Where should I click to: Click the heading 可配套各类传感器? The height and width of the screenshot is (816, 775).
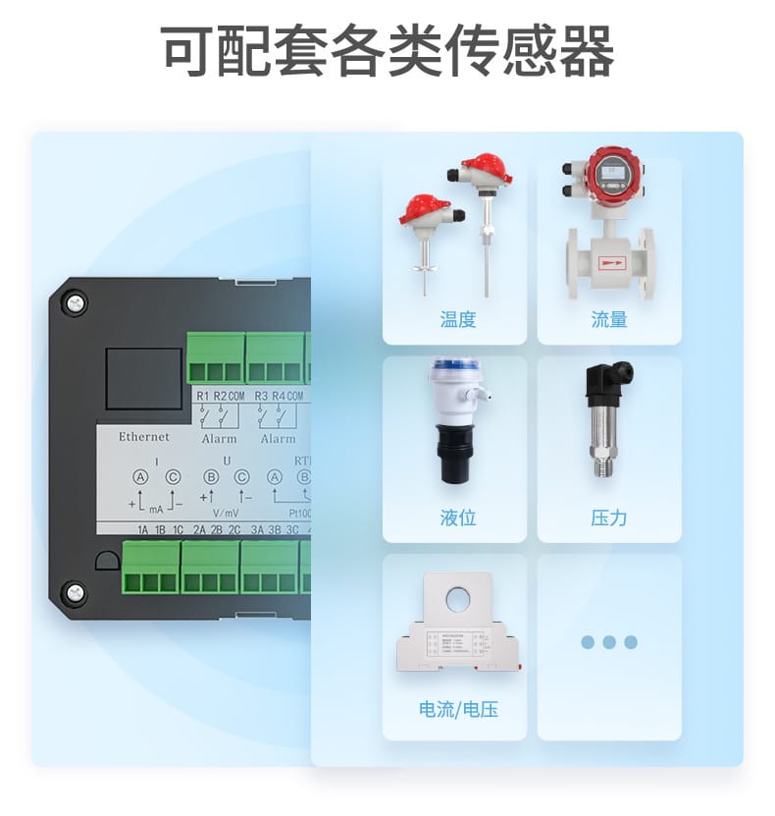(x=387, y=51)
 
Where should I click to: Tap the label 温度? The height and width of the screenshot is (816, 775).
(x=458, y=319)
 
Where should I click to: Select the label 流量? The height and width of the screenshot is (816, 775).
(x=609, y=319)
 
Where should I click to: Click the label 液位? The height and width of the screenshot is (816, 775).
(x=458, y=517)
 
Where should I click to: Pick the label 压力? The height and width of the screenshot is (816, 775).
(x=609, y=517)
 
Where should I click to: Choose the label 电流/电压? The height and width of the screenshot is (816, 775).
(x=458, y=709)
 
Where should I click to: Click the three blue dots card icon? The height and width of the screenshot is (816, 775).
(x=609, y=642)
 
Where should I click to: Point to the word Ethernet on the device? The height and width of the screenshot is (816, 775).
(x=143, y=436)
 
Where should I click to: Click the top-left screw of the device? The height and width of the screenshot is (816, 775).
(x=75, y=303)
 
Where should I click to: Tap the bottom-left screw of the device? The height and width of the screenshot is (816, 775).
(x=75, y=593)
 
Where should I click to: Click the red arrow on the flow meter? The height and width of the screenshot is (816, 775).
(x=612, y=262)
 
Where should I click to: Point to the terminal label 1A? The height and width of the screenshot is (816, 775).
(x=143, y=530)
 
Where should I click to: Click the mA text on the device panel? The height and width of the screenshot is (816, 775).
(x=156, y=510)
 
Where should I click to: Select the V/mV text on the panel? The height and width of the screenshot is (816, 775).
(x=226, y=512)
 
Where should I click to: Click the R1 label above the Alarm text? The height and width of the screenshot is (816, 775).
(x=203, y=396)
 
